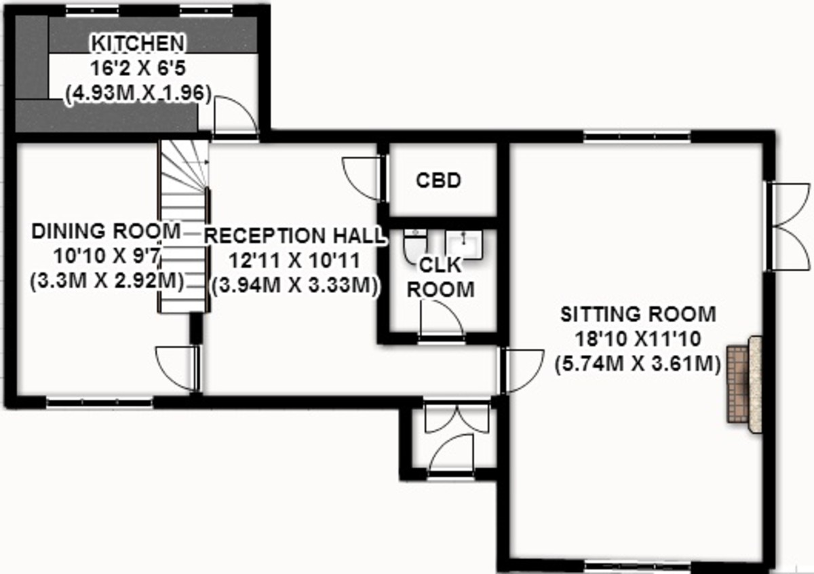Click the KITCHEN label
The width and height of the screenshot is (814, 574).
point(138,43)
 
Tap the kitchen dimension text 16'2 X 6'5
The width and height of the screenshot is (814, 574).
point(138,69)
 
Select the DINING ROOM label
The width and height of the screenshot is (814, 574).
point(106,231)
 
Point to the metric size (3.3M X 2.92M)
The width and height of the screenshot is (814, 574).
point(107,281)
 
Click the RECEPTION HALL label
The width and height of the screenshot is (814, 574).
point(294,235)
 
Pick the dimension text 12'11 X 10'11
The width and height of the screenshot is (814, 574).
point(294,261)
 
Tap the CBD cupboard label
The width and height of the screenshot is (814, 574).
point(439,180)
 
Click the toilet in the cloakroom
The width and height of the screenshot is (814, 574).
point(415,245)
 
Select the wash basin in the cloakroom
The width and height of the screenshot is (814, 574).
point(464,244)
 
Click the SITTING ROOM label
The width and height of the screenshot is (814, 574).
point(638,314)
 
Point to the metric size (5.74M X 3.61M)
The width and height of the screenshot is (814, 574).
point(638,364)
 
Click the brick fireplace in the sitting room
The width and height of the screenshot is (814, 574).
point(744,384)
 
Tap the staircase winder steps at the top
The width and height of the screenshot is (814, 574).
point(185,166)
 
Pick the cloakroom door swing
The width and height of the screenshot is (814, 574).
point(442,318)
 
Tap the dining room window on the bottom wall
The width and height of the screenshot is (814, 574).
point(99,402)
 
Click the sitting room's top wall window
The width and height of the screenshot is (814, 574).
point(637,137)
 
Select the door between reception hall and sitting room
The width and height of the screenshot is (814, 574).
point(522,370)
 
